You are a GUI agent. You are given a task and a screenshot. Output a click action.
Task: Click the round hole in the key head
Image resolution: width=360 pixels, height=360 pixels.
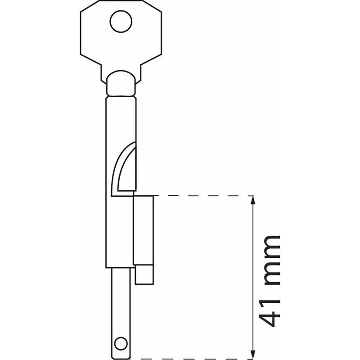121,21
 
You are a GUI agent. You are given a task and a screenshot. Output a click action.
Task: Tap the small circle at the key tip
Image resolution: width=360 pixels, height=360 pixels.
121,344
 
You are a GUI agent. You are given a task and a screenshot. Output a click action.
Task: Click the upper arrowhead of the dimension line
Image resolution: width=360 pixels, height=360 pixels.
253,200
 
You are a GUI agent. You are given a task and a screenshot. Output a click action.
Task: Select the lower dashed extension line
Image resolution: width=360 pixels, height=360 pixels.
190,359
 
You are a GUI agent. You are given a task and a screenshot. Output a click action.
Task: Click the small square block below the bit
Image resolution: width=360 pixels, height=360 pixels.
144,274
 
